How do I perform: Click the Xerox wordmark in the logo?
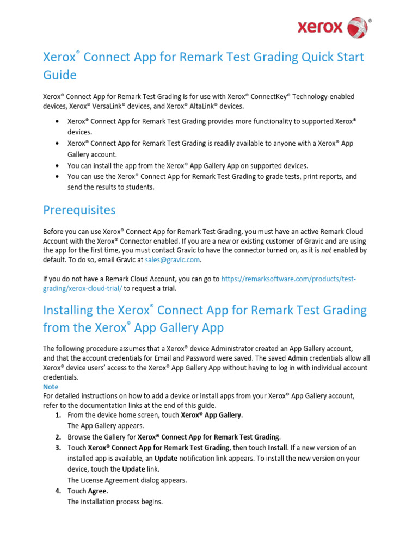pos(319,27)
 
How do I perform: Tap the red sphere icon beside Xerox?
pos(357,27)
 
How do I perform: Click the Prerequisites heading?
pos(79,209)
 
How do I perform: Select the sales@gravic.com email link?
pos(173,260)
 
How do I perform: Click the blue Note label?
pos(51,387)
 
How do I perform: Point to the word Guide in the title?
pos(60,75)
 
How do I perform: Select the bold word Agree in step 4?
pos(97,491)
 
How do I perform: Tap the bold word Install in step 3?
pos(278,448)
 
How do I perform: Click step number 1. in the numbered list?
pos(58,415)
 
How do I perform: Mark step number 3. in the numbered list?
pos(58,448)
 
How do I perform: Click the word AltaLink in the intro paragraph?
pos(199,106)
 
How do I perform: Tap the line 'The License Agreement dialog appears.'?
pos(127,480)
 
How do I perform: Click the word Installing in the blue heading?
pos(78,310)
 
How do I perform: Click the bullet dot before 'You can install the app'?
pos(58,166)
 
